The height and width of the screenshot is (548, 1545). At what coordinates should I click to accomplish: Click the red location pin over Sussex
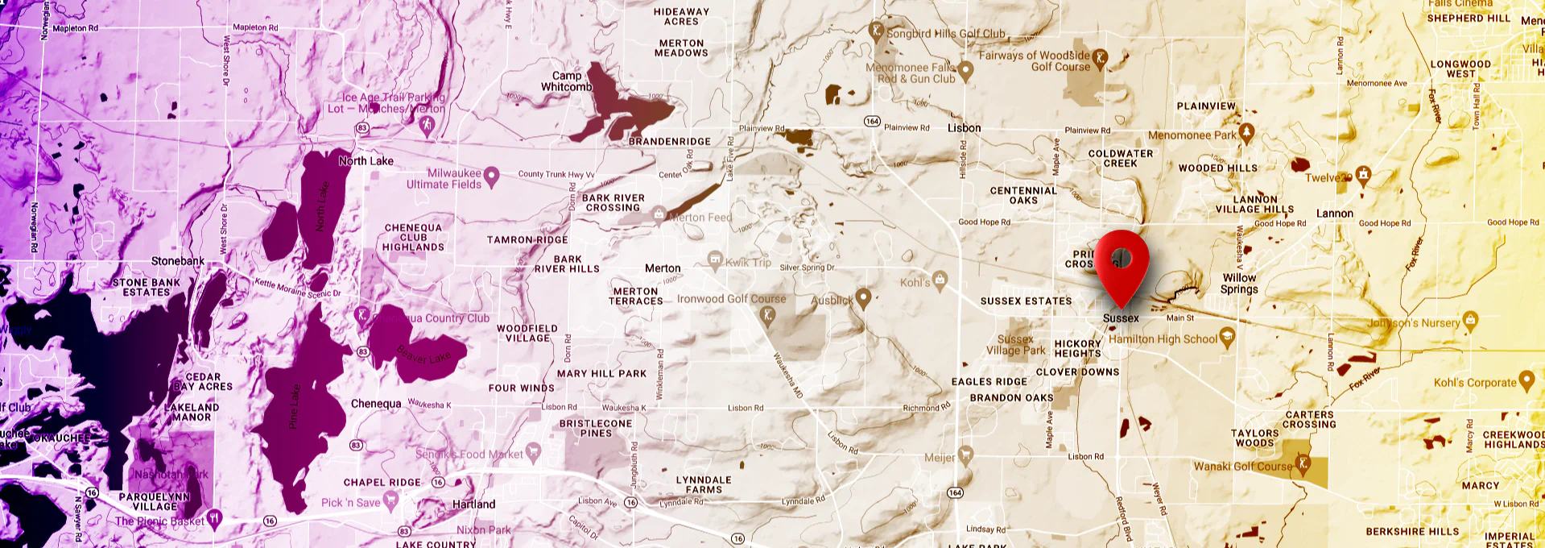[1122, 262]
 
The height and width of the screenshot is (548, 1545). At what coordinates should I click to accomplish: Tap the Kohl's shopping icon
[940, 280]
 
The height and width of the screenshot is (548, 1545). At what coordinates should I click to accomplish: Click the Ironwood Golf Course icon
[768, 314]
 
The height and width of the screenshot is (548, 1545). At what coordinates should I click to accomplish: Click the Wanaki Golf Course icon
[1302, 465]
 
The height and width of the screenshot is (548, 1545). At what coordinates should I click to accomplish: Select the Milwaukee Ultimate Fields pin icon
[491, 176]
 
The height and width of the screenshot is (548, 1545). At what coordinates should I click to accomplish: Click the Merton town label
[663, 268]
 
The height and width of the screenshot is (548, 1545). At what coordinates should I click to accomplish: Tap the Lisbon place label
[964, 128]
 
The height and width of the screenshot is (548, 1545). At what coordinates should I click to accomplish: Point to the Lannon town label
[1334, 214]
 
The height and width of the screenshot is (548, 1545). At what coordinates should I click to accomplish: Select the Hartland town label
[473, 504]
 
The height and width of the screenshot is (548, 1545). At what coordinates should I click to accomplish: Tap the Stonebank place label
[178, 261]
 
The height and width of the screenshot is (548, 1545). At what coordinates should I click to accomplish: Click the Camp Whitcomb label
[567, 81]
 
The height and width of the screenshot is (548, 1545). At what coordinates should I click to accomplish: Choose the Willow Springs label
[1239, 283]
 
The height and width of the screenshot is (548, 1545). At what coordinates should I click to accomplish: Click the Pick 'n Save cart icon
[391, 501]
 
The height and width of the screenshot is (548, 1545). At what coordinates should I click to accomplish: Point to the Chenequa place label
[376, 404]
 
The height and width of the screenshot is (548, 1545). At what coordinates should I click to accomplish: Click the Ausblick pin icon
[863, 297]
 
